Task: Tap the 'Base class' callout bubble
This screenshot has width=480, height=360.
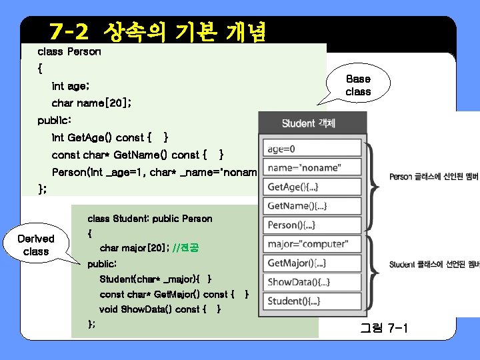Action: (x=358, y=85)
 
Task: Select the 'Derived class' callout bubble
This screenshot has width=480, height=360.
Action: (x=36, y=245)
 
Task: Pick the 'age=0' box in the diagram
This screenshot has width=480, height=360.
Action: (x=312, y=149)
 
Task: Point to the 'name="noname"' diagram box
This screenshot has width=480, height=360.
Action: (x=312, y=167)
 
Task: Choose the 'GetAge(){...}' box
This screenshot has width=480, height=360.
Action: (x=312, y=187)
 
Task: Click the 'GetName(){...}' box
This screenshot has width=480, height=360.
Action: (x=312, y=206)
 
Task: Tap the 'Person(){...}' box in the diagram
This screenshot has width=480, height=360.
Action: (x=312, y=225)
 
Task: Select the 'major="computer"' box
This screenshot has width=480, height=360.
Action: (x=312, y=244)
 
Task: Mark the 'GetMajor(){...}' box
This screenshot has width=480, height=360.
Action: (x=312, y=263)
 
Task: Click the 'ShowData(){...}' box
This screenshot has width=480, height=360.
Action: (x=312, y=282)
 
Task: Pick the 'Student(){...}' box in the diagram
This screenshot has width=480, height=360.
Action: (x=312, y=301)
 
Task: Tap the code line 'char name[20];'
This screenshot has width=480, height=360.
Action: (x=91, y=103)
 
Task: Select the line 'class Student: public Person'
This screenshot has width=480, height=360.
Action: (x=150, y=218)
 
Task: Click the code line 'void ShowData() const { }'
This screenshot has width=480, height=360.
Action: (x=160, y=309)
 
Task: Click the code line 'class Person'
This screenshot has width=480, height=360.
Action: (x=69, y=51)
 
